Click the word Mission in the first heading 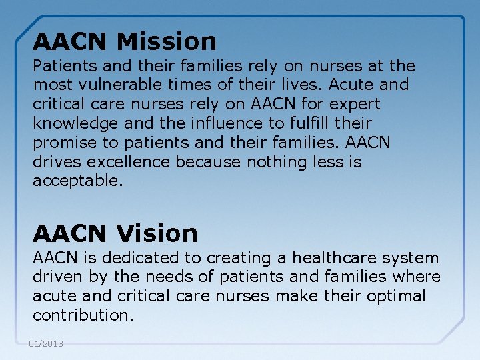click(166, 42)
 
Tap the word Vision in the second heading click(157, 233)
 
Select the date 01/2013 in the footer click(46, 343)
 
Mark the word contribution click(83, 315)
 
